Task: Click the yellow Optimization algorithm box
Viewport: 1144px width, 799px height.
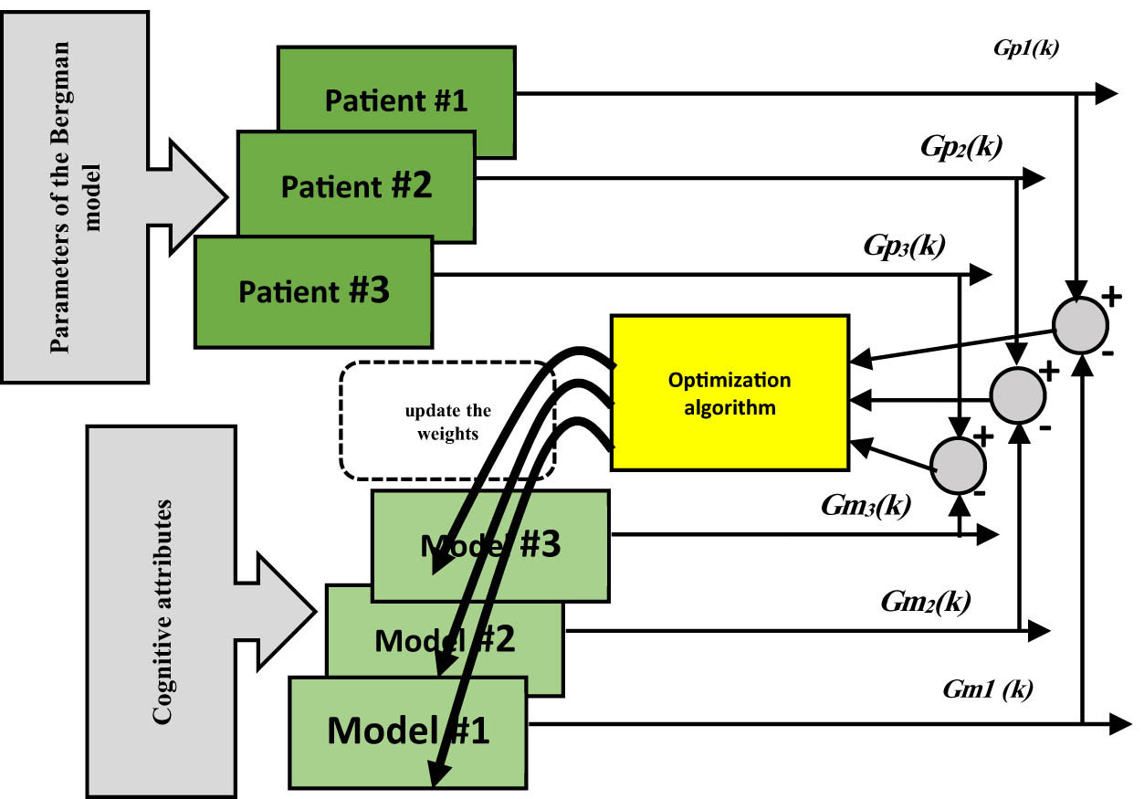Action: (x=729, y=393)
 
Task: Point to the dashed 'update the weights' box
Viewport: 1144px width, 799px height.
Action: (x=447, y=421)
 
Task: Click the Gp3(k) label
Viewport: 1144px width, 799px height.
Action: (x=904, y=245)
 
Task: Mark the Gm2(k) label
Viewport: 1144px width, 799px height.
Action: (x=924, y=601)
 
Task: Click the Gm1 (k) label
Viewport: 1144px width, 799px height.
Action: (x=988, y=689)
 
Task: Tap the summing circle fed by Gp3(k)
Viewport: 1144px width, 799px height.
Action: (x=958, y=463)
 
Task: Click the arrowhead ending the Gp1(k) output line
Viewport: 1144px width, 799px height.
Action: (x=1107, y=92)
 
